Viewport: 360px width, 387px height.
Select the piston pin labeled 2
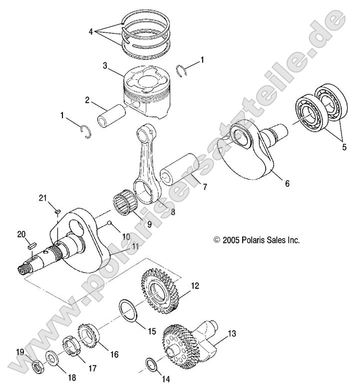(x=115, y=116)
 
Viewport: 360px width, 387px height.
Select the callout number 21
(x=56, y=199)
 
